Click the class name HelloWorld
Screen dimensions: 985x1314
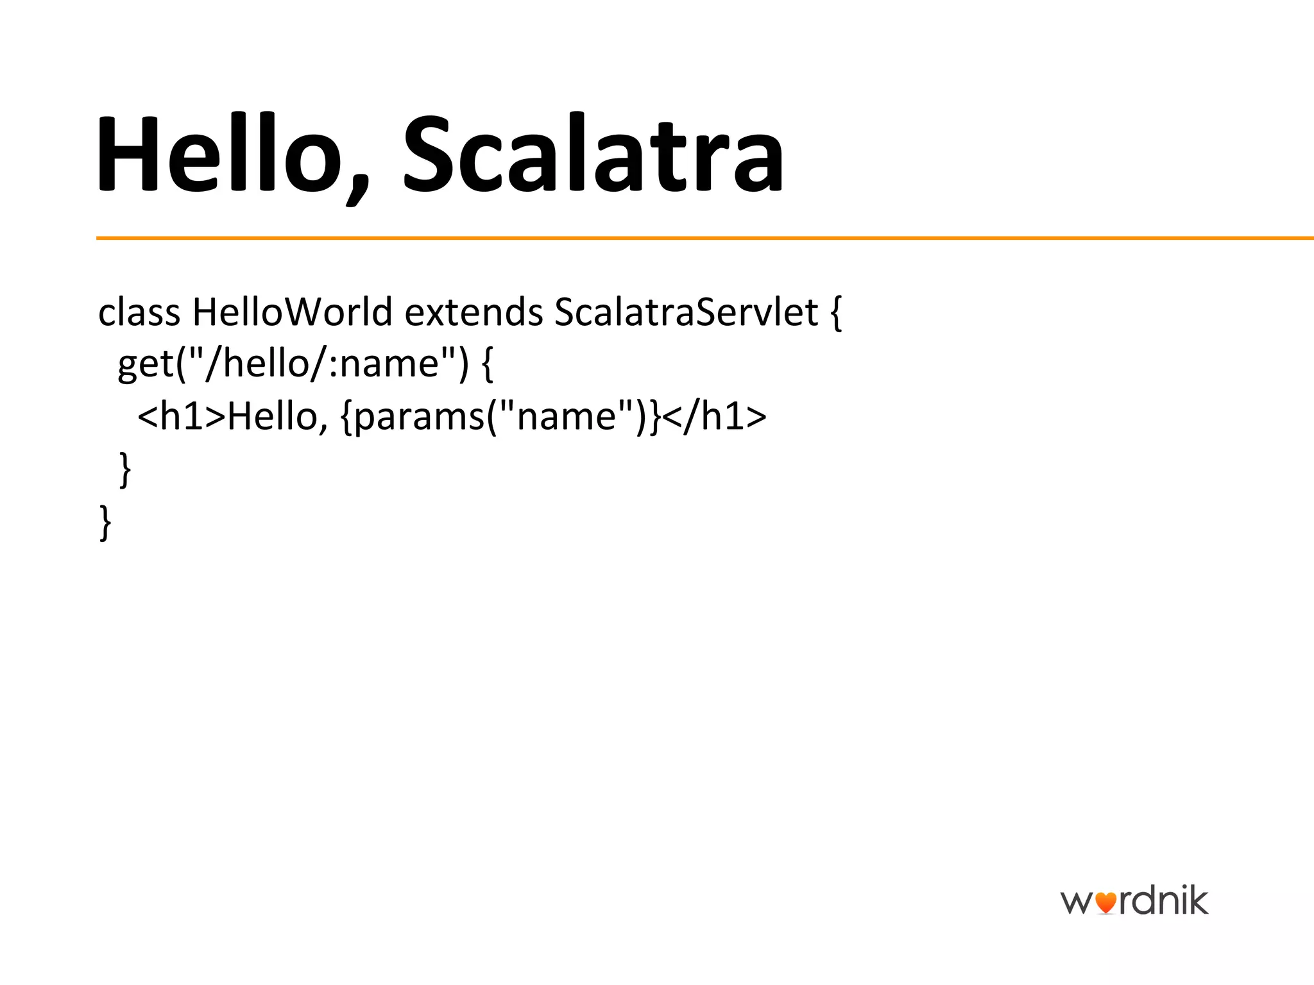(x=292, y=313)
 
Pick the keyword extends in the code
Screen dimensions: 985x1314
(x=474, y=313)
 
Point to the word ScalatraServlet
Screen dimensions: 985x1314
(x=686, y=313)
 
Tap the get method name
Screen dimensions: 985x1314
(x=146, y=366)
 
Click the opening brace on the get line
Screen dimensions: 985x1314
(x=487, y=366)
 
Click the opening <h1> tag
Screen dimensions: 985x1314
(x=182, y=417)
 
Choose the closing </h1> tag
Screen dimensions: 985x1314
(x=714, y=417)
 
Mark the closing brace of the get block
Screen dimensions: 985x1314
(x=126, y=470)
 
